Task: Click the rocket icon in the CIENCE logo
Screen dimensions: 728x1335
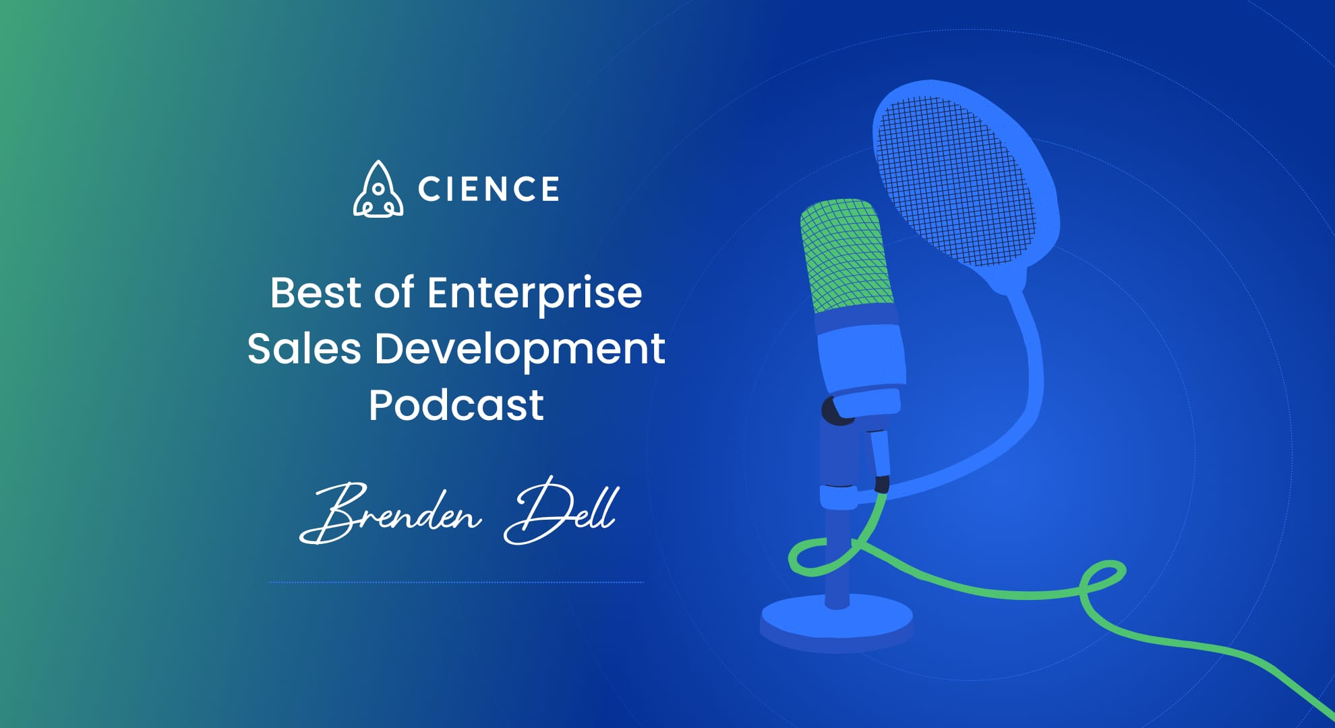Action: tap(378, 190)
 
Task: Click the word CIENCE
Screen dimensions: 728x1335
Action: tap(488, 189)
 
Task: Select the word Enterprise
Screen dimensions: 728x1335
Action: tap(534, 294)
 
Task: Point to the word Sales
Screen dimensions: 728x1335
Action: tap(304, 348)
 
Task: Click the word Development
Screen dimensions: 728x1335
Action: tap(520, 350)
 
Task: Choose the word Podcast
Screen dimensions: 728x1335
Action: tap(456, 404)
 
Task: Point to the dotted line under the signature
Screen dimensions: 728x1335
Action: tap(456, 582)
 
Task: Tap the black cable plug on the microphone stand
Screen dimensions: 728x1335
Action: tap(881, 483)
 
